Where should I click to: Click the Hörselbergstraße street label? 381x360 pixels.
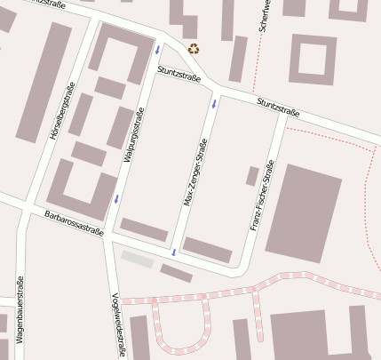point(60,111)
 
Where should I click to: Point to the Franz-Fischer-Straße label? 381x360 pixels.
point(262,196)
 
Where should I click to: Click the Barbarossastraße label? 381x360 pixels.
point(74,223)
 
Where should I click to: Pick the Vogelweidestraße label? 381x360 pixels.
point(116,325)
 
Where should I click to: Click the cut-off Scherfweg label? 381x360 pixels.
point(263,16)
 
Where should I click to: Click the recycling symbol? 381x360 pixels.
point(194,50)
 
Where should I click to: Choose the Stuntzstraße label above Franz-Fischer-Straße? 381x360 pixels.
point(278,108)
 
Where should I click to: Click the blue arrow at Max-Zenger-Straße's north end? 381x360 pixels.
point(214,104)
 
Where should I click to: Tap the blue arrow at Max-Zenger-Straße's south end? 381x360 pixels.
point(174,253)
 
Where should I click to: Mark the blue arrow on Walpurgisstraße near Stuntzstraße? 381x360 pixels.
point(157,50)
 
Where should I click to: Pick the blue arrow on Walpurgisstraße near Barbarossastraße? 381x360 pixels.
point(115,198)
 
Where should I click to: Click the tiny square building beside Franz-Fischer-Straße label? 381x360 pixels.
point(252,175)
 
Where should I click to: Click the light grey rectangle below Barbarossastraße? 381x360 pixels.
point(138,258)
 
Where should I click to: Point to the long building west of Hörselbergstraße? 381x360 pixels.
point(44,82)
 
